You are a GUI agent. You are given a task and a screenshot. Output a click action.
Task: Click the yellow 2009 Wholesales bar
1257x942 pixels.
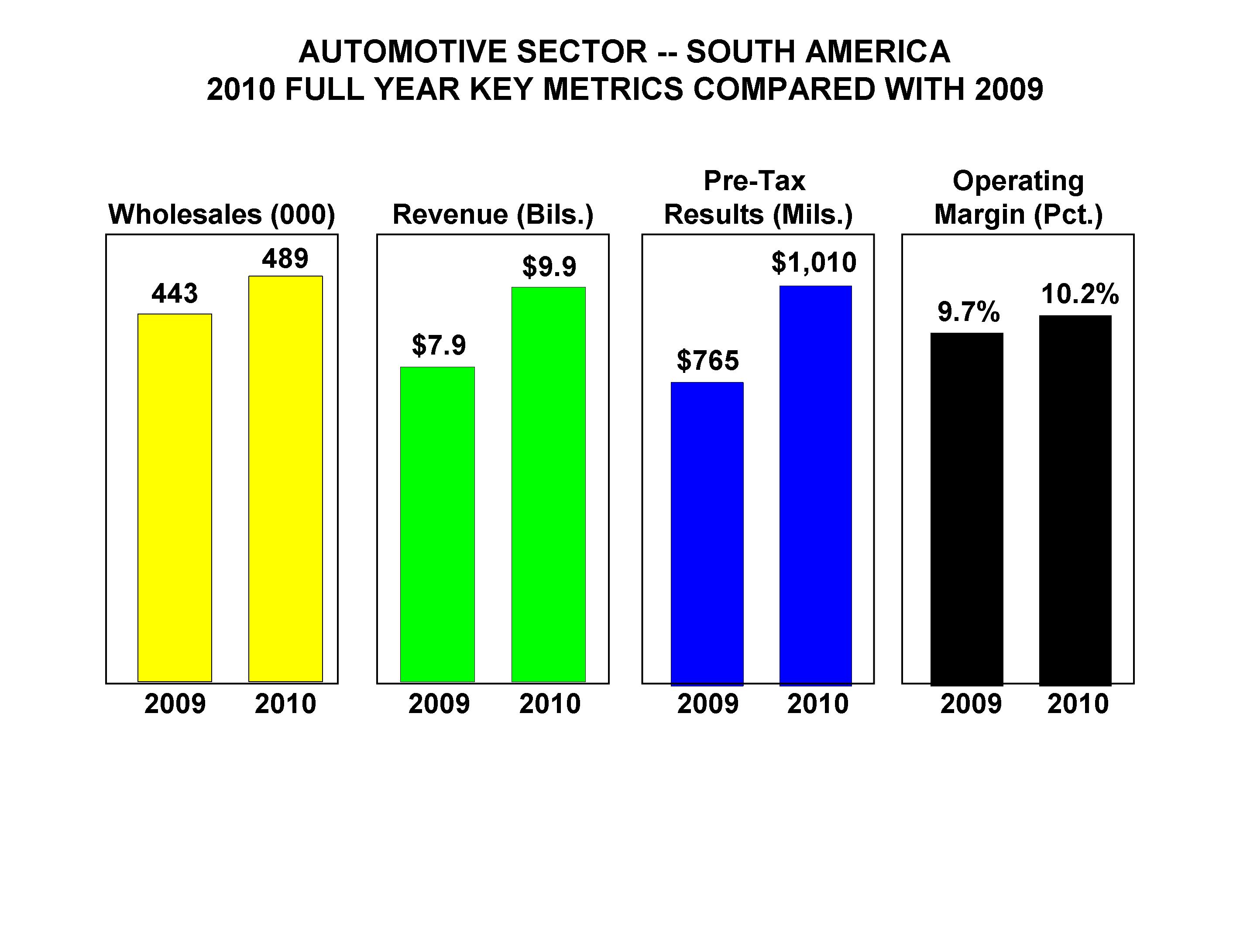point(175,498)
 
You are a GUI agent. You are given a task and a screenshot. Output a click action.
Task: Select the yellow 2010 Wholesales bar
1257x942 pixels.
point(285,479)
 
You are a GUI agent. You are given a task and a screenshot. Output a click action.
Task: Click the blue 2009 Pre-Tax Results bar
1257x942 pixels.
point(707,533)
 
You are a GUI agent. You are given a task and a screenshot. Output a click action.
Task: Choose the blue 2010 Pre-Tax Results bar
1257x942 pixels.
point(815,485)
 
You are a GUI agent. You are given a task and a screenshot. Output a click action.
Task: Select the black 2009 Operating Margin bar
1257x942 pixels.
point(967,509)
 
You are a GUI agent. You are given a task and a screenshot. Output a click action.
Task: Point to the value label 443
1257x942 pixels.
point(175,294)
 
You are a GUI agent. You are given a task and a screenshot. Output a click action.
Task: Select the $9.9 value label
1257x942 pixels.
point(549,266)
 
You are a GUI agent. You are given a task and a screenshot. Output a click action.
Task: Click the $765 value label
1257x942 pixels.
point(707,361)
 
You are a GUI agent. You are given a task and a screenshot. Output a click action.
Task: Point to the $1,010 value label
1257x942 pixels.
point(814,263)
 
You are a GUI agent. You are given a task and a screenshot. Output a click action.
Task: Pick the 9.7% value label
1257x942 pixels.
point(969,312)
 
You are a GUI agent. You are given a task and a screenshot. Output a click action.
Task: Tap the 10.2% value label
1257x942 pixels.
point(1080,294)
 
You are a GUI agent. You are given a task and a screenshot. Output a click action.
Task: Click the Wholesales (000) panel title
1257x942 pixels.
point(222,214)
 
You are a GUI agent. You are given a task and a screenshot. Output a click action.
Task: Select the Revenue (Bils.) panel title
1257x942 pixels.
point(493,214)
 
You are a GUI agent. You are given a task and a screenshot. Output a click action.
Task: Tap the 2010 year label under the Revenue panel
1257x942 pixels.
point(550,703)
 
